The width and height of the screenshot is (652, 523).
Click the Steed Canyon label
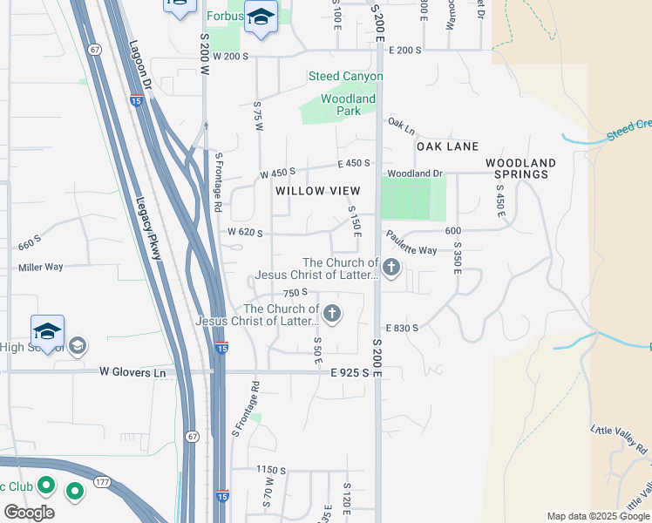coord(345,77)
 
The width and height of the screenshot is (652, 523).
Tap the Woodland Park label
coord(348,105)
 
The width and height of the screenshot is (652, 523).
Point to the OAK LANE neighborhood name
coord(447,146)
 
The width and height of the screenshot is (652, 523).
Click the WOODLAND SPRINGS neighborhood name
coord(520,168)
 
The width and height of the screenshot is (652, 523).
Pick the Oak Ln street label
coord(402,126)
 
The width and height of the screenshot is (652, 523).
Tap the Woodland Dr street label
coord(416,173)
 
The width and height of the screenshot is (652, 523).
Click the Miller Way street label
coord(41,267)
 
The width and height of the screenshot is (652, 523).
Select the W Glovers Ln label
coord(132,372)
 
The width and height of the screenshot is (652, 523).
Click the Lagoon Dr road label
coord(140,68)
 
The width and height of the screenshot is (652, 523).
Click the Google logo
coord(29,513)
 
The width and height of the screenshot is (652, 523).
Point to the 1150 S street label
coord(271,469)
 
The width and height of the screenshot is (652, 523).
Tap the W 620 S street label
coord(245,233)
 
